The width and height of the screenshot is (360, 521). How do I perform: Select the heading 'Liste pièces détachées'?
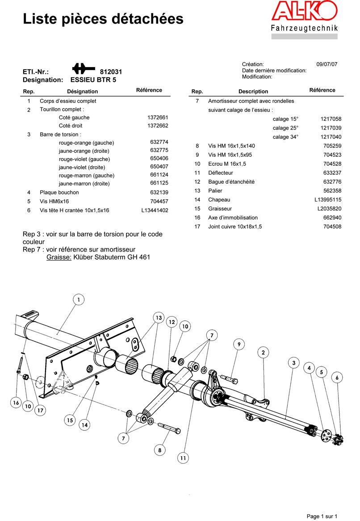point(103,19)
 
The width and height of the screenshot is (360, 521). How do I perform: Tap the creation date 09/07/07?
point(327,64)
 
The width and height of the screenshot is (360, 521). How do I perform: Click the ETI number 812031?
point(111,72)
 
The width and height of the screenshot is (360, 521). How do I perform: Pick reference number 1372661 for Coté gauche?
point(158,118)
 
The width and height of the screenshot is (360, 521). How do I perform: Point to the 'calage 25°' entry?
point(285,128)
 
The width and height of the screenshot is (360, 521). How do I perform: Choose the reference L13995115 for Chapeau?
point(328,200)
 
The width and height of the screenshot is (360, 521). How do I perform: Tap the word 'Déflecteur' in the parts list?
point(221,173)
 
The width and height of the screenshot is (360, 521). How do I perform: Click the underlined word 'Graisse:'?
point(59,257)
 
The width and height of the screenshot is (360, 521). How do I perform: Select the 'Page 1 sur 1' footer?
point(322,517)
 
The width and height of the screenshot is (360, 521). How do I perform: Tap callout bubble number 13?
point(158,318)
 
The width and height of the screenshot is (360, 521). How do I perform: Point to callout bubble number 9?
point(239,345)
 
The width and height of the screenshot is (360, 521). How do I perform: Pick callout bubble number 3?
point(293,363)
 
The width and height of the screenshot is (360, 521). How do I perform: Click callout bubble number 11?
point(183,458)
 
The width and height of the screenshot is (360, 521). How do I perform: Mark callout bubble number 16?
point(16,403)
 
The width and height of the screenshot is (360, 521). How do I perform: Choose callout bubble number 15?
point(69,420)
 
